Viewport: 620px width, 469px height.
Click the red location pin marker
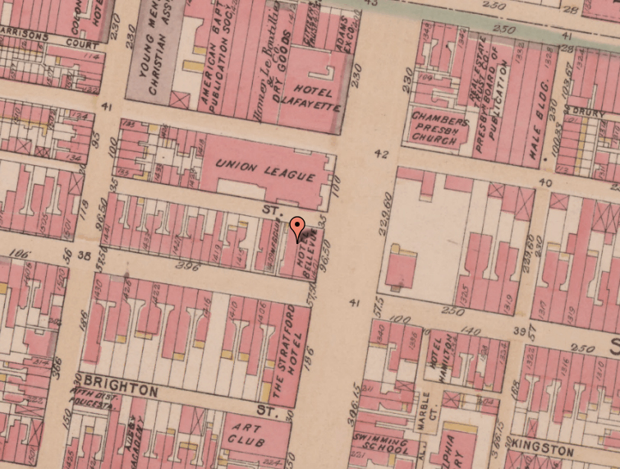pos(297,227)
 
